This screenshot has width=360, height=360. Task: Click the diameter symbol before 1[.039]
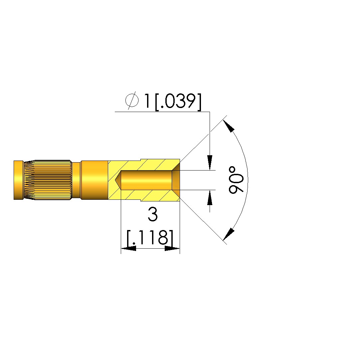click(132, 100)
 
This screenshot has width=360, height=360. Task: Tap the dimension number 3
click(153, 214)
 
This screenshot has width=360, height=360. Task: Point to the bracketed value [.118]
click(150, 238)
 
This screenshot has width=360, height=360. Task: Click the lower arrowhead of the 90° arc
click(229, 234)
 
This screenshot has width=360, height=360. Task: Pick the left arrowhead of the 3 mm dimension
click(128, 248)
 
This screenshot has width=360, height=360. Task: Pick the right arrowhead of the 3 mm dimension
click(172, 248)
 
